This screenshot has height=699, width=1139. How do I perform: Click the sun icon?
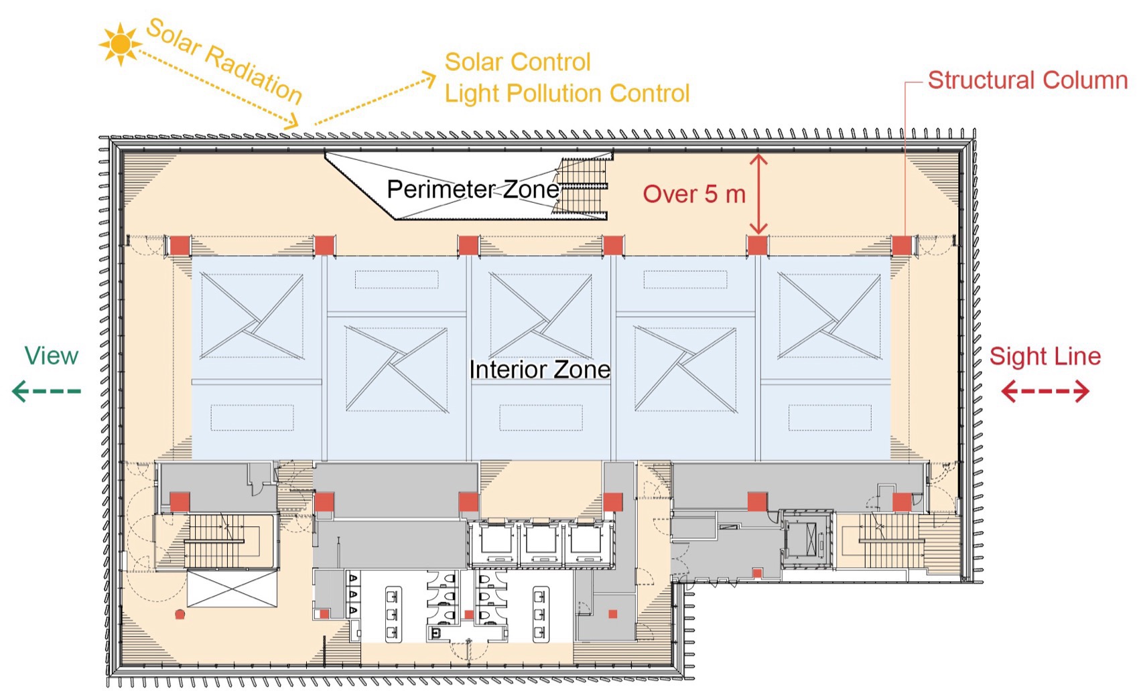121,44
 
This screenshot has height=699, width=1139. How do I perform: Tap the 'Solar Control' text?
517,62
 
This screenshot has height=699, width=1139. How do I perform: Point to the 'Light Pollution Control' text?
567,94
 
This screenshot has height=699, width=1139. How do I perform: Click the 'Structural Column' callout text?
1027,80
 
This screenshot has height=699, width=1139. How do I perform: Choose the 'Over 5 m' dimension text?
694,194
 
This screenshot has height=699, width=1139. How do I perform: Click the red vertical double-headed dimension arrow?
758,194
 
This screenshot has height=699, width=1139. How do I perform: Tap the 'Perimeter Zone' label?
472,189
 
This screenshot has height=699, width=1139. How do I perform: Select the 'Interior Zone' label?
539,370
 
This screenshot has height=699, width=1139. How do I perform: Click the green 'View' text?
52,356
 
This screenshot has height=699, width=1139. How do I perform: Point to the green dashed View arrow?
47,391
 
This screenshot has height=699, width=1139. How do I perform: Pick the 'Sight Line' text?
1045,356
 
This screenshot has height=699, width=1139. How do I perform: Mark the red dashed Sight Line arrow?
1045,391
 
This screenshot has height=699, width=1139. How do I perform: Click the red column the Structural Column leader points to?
902,246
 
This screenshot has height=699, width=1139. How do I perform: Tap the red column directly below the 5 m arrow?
757,245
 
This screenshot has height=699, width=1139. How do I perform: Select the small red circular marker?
180,614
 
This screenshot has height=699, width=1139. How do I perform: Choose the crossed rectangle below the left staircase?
232,589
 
